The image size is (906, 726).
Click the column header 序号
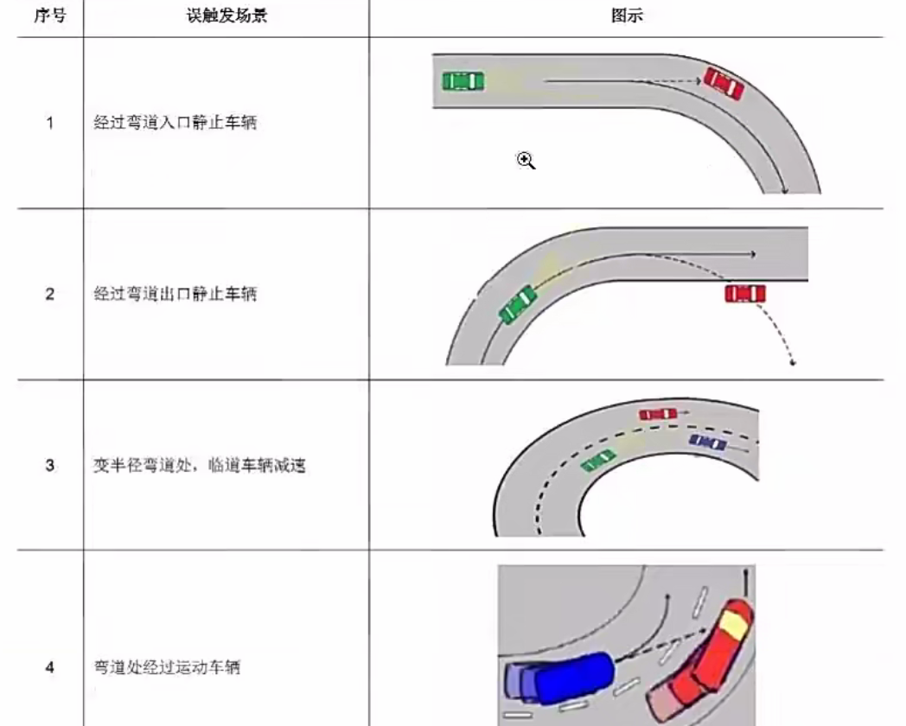[x=50, y=16]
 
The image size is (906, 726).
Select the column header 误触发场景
[x=226, y=16]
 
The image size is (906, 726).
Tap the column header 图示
[x=627, y=16]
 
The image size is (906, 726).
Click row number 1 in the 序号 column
[x=50, y=123]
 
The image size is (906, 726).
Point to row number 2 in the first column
[x=50, y=294]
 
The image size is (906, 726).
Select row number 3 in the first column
[x=50, y=466]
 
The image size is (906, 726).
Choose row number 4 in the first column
[x=50, y=667]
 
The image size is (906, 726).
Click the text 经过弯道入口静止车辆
[x=175, y=123]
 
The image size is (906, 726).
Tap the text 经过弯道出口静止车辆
[x=175, y=294]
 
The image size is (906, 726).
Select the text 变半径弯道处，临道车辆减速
[x=200, y=466]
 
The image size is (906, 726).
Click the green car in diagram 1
[x=463, y=81]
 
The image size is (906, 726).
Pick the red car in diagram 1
[x=724, y=83]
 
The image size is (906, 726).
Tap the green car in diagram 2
[x=518, y=302]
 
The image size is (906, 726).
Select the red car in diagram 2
[x=745, y=294]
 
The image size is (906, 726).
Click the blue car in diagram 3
[x=708, y=443]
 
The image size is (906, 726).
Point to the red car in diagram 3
[x=658, y=414]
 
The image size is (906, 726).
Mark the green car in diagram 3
[x=598, y=461]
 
